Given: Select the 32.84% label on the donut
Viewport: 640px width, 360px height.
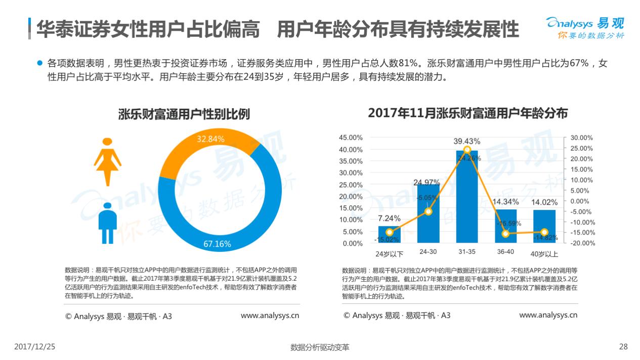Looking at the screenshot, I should (x=210, y=139).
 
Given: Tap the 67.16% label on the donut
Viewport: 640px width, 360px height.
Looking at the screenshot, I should (x=217, y=244).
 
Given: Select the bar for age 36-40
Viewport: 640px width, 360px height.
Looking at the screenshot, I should (x=505, y=226).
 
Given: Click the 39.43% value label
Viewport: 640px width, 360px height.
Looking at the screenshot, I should (x=467, y=141).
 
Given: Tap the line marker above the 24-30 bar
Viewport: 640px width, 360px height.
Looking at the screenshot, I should (x=428, y=211).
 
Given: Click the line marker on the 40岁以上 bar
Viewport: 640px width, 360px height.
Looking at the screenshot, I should (x=544, y=232).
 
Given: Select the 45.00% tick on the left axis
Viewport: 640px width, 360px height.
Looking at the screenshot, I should (x=350, y=138).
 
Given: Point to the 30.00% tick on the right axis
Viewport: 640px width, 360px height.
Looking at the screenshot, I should (x=581, y=138).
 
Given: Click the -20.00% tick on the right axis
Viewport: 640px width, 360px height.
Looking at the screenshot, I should (x=581, y=243).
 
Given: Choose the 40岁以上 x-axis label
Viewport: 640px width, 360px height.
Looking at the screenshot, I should (x=544, y=254).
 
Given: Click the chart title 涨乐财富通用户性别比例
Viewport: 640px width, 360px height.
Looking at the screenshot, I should (x=184, y=113).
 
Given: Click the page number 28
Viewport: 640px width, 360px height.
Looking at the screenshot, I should (x=623, y=347).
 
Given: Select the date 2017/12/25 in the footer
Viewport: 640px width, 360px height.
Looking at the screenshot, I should (x=34, y=347).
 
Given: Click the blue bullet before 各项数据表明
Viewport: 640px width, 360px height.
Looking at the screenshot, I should (x=39, y=64).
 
